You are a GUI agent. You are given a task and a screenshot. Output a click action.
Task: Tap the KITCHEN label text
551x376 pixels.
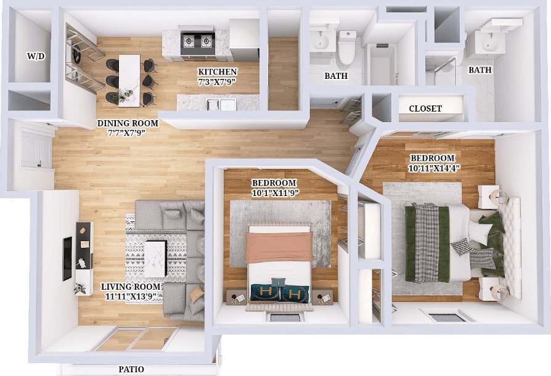pyautogui.click(x=217, y=72)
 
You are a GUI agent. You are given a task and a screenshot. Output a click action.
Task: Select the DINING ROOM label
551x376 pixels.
pyautogui.click(x=128, y=123)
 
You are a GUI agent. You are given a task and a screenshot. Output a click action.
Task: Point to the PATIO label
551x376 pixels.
pyautogui.click(x=131, y=369)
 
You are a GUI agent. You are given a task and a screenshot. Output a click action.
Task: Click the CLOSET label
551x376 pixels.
pyautogui.click(x=425, y=108)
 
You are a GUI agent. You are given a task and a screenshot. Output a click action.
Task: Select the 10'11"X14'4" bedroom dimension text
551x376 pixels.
pyautogui.click(x=434, y=168)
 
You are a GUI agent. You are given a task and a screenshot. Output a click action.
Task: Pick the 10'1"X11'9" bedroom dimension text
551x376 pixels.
pyautogui.click(x=274, y=192)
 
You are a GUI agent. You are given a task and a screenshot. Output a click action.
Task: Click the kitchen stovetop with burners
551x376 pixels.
pyautogui.click(x=196, y=41)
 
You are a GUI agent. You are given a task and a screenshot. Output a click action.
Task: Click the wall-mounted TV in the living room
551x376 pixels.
pyautogui.click(x=67, y=257)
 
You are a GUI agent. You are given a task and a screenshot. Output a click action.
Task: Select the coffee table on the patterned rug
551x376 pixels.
pyautogui.click(x=155, y=257)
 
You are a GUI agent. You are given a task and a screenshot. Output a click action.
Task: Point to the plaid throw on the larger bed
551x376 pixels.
pyautogui.click(x=427, y=243)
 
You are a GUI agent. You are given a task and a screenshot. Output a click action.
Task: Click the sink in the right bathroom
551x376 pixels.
pyautogui.click(x=490, y=42)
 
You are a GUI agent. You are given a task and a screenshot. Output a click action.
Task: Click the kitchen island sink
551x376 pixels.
pyautogui.click(x=220, y=104)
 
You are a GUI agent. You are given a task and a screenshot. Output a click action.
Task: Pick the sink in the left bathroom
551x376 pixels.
pyautogui.click(x=320, y=41)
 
